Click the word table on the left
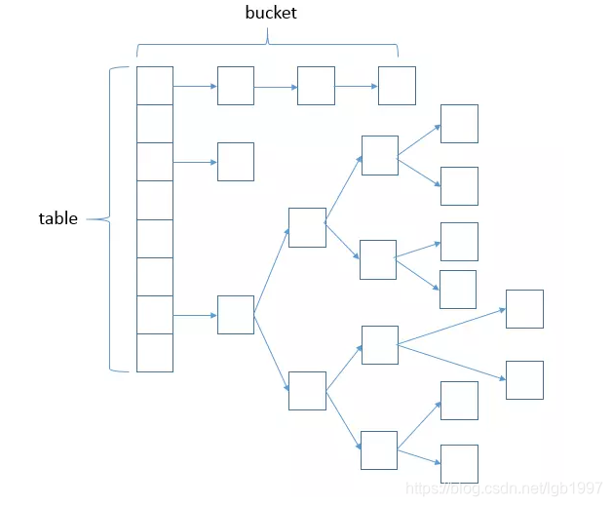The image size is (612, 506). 57,218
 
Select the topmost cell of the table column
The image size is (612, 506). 155,85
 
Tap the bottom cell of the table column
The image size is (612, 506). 155,353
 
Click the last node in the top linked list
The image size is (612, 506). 397,86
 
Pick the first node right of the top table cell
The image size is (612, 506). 236,86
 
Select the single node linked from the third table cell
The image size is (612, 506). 236,162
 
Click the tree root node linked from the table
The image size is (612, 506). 236,315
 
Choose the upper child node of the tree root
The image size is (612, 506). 307,226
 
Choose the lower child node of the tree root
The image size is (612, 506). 307,390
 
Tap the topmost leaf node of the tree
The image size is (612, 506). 459,124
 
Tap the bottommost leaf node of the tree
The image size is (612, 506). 459,463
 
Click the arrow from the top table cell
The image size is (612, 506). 195,86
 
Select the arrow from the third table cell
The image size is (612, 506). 195,162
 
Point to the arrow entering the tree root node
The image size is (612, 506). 195,315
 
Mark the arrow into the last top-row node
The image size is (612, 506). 357,86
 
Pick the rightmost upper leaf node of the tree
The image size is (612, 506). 524,308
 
